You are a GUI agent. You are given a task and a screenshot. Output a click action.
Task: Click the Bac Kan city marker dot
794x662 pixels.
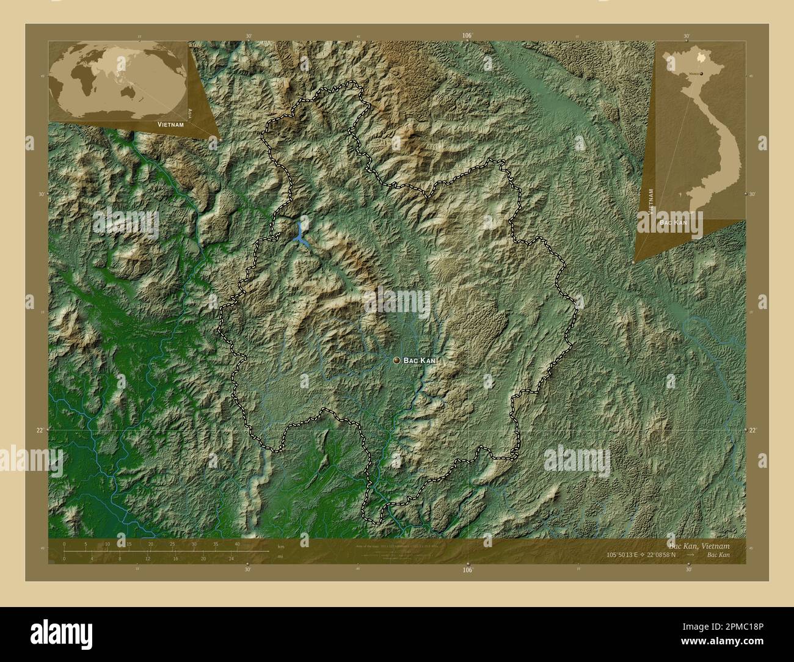click(x=397, y=361)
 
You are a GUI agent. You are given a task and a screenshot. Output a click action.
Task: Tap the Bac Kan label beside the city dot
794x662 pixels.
click(x=420, y=362)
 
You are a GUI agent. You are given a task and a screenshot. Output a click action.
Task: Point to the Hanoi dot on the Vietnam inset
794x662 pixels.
click(x=701, y=73)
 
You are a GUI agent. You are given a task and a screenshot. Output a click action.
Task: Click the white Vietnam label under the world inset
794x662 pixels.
click(x=170, y=124)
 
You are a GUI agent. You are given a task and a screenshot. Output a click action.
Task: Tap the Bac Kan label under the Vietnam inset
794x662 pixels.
click(x=672, y=223)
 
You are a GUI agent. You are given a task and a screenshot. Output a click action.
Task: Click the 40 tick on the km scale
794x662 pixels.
click(x=236, y=544)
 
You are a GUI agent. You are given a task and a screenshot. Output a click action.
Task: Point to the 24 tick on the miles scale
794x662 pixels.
click(x=231, y=558)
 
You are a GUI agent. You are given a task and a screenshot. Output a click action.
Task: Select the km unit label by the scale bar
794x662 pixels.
click(x=281, y=546)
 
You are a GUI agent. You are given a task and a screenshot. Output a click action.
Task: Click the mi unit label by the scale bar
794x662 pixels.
click(x=280, y=556)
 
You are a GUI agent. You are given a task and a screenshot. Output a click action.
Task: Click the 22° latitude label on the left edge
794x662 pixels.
click(x=39, y=430)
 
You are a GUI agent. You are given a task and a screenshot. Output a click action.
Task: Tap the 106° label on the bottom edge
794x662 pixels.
click(x=468, y=570)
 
